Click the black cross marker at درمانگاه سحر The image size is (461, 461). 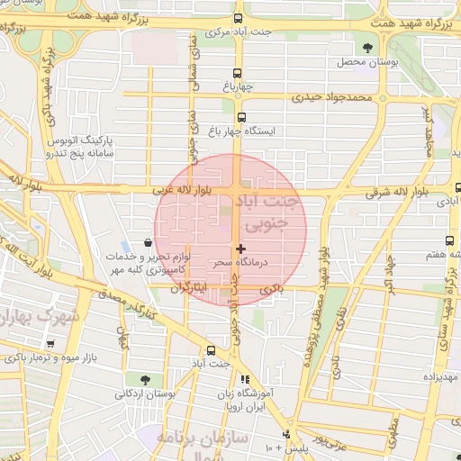(x=240, y=248)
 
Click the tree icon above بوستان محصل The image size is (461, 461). (x=366, y=47)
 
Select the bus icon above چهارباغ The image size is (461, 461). (x=238, y=74)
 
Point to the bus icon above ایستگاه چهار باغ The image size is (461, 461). (x=240, y=117)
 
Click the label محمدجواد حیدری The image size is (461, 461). (x=338, y=95)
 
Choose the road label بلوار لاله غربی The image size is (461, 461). (x=185, y=191)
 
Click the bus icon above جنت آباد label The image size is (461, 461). (x=211, y=350)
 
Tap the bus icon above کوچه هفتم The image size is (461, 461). (x=448, y=241)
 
